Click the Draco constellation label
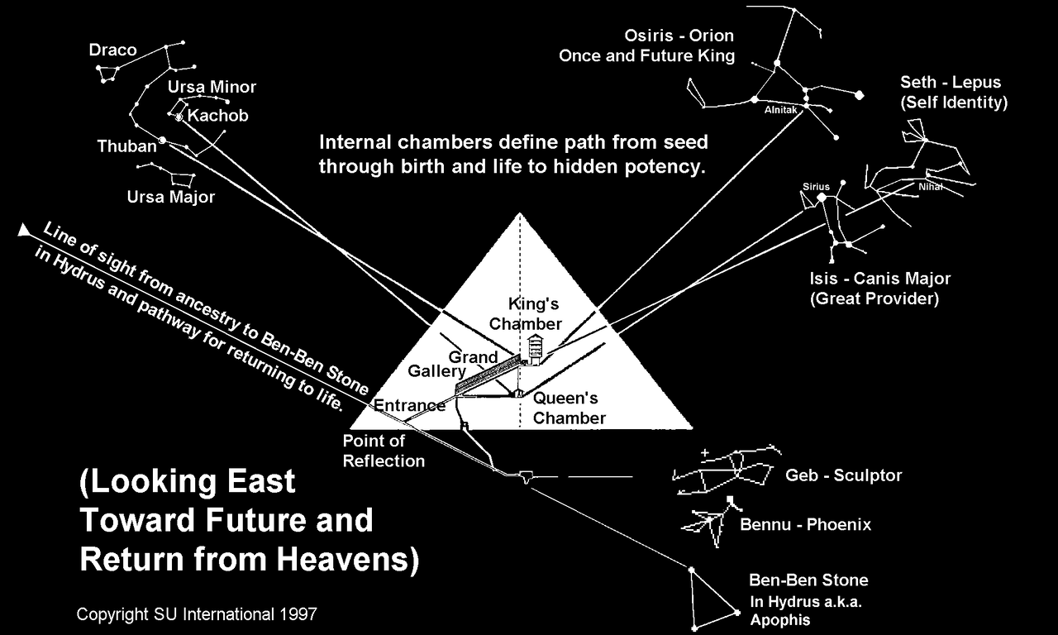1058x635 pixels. point(113,50)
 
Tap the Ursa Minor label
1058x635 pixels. point(212,87)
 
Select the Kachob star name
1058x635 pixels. point(217,115)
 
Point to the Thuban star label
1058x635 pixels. point(126,146)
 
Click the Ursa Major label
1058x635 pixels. point(170,197)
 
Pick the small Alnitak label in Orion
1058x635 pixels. point(781,110)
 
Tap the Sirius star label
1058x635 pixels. point(816,187)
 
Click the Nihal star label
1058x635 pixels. point(931,187)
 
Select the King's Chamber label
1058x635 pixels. point(526,313)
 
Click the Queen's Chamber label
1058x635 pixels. point(570,408)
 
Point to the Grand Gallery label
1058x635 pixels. point(452,364)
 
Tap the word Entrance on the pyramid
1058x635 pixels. point(409,405)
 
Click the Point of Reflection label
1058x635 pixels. point(384,451)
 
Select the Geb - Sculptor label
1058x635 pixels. point(844,475)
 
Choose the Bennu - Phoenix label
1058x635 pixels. point(805,524)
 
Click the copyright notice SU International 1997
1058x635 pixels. point(197,614)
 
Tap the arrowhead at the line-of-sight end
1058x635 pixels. point(24,230)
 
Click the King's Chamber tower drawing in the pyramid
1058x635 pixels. point(534,349)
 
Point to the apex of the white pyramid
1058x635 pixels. point(520,213)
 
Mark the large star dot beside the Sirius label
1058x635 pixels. point(822,198)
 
